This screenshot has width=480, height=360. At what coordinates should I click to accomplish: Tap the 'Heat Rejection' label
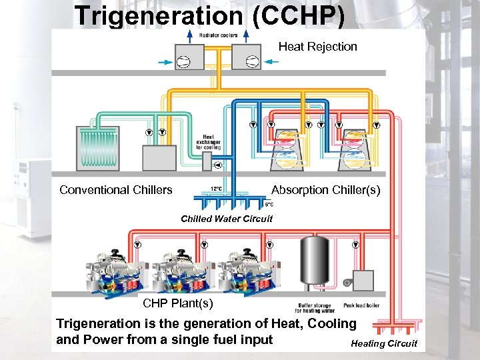click(317, 47)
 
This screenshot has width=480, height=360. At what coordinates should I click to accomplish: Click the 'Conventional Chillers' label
click(115, 190)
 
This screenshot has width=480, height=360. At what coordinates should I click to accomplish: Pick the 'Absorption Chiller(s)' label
click(325, 190)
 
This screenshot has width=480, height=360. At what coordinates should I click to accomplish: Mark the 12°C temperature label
click(217, 189)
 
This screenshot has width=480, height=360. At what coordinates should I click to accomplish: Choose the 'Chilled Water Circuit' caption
click(227, 219)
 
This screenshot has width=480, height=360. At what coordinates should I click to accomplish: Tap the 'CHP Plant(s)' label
click(178, 304)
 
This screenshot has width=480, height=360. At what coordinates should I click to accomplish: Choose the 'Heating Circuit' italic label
click(384, 343)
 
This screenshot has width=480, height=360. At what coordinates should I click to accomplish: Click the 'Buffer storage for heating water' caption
click(316, 308)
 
